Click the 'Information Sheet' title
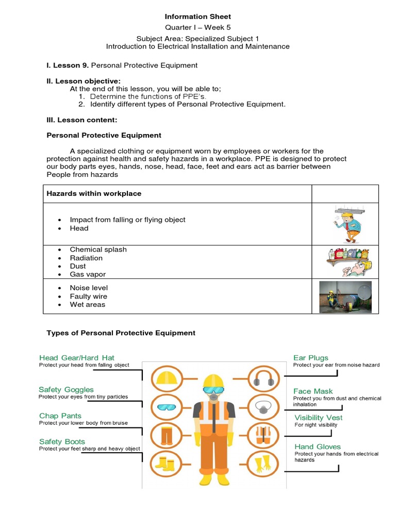(198, 17)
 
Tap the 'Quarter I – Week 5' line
(198, 27)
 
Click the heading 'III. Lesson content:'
(82, 120)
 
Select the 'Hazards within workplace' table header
(94, 193)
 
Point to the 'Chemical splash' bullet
(98, 250)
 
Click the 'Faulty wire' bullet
(88, 296)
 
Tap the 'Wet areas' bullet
(87, 305)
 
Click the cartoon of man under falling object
(345, 224)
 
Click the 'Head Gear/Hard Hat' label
(77, 358)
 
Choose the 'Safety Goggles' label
(66, 390)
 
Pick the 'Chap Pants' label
(60, 416)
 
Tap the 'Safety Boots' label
(62, 442)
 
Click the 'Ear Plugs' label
(311, 358)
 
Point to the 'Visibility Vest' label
(319, 418)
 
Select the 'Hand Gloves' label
(318, 447)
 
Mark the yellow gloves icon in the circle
(263, 464)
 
